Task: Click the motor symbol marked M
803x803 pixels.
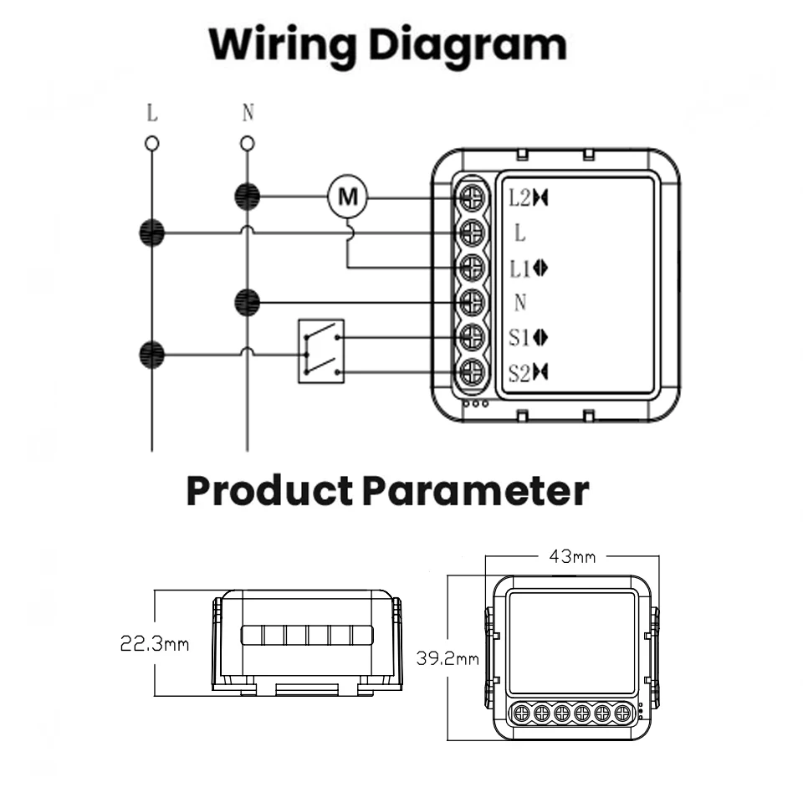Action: [x=346, y=197]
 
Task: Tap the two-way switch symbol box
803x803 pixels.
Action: [x=321, y=351]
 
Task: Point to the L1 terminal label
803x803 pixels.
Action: [x=520, y=269]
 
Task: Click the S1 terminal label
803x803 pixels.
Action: [x=520, y=337]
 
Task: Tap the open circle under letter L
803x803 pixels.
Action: [x=151, y=144]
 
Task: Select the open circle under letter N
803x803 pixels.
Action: [x=247, y=144]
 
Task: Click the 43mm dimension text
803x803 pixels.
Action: [x=572, y=556]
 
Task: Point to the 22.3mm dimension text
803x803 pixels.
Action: [x=155, y=644]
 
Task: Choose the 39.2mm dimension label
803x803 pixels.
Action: [x=448, y=658]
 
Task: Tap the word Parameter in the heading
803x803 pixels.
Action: [x=476, y=491]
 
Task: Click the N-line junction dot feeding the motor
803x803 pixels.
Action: [x=247, y=197]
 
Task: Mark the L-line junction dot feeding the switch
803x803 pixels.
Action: [x=151, y=354]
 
